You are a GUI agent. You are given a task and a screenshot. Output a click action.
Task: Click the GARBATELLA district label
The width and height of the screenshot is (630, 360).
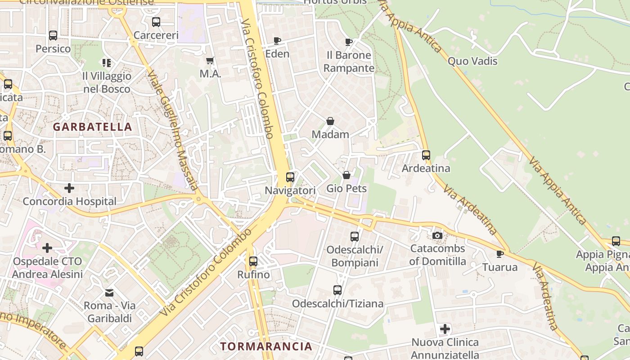(x=93, y=127)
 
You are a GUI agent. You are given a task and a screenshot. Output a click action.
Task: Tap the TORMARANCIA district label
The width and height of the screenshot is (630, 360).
(x=266, y=346)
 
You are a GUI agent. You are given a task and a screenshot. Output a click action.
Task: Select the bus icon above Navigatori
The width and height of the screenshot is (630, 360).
(x=290, y=177)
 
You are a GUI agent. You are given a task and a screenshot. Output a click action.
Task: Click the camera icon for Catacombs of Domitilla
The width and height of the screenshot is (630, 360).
(x=437, y=235)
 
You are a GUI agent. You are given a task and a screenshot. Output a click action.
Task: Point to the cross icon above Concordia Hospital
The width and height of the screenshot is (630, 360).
(x=69, y=188)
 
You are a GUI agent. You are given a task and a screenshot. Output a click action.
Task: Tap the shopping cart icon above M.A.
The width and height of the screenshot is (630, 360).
(x=210, y=60)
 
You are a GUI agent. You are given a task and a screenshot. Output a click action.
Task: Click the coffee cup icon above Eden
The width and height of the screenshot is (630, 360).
(x=277, y=41)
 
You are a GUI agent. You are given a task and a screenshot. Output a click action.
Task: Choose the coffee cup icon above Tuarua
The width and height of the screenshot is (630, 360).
(x=499, y=254)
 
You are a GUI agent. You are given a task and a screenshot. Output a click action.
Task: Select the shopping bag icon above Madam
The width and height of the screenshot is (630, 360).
(x=330, y=121)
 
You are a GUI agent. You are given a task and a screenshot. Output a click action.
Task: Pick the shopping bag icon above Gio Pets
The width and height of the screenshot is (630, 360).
(x=346, y=175)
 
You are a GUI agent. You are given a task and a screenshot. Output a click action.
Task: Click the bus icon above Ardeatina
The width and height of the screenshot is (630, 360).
(x=426, y=155)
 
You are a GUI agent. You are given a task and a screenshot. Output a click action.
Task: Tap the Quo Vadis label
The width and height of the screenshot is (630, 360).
(x=472, y=61)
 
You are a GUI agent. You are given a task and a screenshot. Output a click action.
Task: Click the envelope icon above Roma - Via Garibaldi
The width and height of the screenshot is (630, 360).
(x=109, y=293)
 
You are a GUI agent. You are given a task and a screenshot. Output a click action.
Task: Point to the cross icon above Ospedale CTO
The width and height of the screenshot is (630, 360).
(x=47, y=248)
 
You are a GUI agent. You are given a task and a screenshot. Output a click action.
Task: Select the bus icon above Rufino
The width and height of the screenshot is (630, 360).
(x=253, y=261)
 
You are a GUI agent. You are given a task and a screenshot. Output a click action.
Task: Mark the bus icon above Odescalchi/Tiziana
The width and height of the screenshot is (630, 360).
(x=337, y=290)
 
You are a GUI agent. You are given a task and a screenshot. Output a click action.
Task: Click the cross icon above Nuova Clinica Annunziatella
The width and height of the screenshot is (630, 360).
(x=445, y=329)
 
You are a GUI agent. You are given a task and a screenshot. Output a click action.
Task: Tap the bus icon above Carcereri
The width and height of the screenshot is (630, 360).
(x=156, y=22)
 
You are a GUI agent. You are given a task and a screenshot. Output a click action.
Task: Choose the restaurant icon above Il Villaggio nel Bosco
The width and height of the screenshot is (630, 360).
(x=107, y=63)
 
